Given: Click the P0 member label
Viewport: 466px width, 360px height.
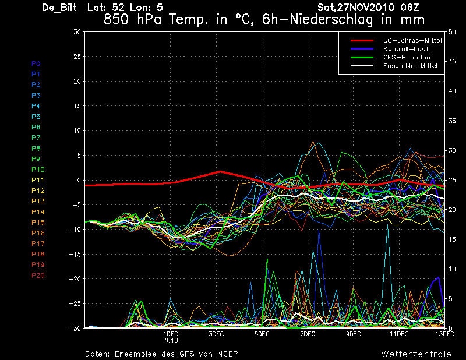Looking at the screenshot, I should point(36,63).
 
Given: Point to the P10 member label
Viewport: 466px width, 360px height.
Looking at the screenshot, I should point(38,170).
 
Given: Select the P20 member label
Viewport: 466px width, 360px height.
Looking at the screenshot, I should point(38,276).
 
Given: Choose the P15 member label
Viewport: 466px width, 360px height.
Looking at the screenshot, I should point(38,223).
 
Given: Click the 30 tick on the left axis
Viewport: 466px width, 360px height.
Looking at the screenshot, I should point(77,32).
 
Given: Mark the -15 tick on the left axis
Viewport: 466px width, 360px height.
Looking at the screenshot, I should point(75,254).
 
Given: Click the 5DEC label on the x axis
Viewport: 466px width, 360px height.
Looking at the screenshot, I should point(262,334).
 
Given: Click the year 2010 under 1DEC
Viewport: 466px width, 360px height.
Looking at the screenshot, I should point(170,341).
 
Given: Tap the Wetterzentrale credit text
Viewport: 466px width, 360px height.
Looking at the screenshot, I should point(416,354).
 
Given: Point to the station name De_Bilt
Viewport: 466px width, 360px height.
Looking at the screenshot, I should point(61,8).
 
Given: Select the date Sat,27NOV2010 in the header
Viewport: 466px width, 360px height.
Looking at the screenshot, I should point(355,8).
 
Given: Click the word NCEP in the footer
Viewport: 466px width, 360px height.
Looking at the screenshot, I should point(227,354).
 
